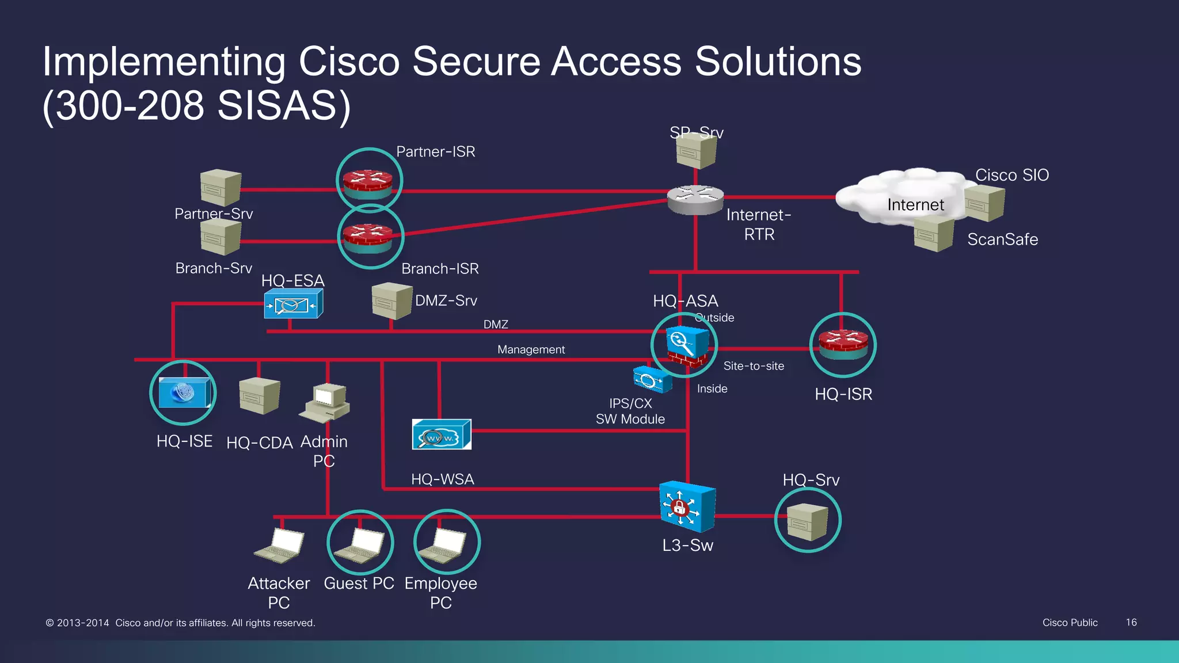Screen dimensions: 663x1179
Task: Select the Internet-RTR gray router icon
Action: [695, 199]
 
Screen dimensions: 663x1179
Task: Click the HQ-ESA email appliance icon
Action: [293, 304]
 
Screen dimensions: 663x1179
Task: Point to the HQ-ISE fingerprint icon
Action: [184, 393]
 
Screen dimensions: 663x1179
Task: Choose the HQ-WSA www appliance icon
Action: [442, 435]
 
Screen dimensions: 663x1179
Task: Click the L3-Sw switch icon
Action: [687, 506]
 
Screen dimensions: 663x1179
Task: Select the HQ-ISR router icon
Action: [843, 345]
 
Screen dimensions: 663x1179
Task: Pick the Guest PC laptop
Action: [360, 544]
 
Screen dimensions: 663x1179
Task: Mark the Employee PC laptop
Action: [442, 544]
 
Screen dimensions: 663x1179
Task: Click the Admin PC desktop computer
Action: [325, 402]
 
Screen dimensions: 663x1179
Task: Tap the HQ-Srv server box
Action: [807, 521]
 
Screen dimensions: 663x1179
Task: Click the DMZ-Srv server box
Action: [391, 300]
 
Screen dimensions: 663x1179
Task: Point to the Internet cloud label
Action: [915, 205]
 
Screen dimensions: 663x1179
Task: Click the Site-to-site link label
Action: [754, 366]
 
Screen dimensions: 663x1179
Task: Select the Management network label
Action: [531, 349]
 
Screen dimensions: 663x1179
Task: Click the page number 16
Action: [1131, 622]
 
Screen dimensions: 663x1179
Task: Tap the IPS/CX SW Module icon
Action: [652, 379]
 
